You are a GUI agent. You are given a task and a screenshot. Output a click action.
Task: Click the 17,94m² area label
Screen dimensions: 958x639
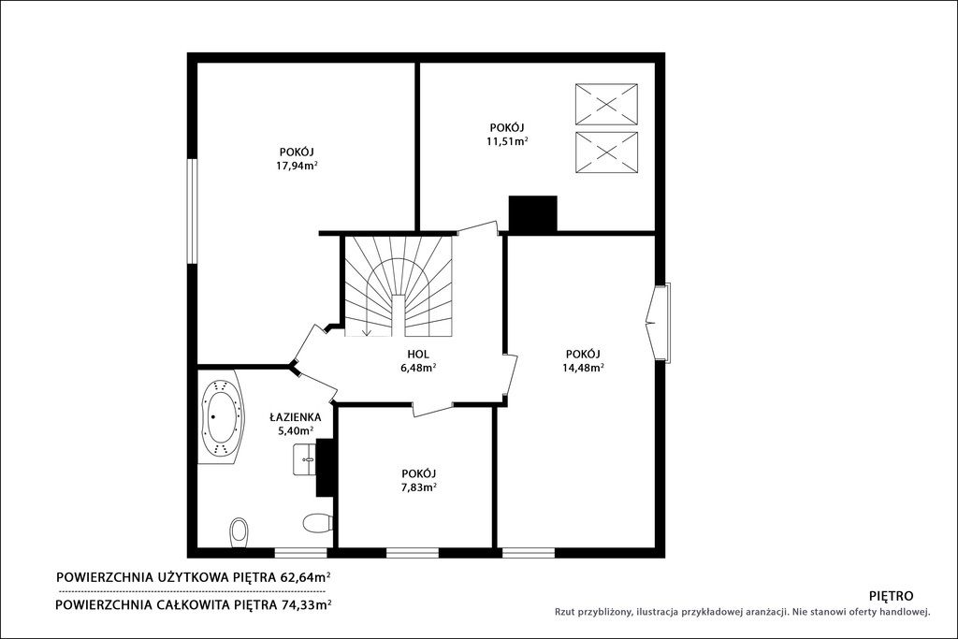click(x=297, y=165)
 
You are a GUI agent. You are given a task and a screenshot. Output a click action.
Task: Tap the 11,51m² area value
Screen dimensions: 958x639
click(x=507, y=141)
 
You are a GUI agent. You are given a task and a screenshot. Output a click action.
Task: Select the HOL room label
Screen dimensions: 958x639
click(x=418, y=354)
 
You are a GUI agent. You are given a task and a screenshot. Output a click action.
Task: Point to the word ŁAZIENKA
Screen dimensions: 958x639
click(x=296, y=417)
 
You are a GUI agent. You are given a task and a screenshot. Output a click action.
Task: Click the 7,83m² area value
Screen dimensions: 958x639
click(x=418, y=487)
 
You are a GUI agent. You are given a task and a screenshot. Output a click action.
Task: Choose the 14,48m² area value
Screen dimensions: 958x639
click(x=584, y=367)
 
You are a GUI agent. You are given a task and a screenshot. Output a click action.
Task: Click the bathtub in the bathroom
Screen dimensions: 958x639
click(x=221, y=417)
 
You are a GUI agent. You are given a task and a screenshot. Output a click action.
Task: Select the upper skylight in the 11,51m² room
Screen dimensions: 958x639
click(x=606, y=105)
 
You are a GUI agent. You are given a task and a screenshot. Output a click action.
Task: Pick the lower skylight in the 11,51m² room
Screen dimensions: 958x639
click(x=606, y=152)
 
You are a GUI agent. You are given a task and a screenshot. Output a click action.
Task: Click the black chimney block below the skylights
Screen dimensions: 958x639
click(x=532, y=214)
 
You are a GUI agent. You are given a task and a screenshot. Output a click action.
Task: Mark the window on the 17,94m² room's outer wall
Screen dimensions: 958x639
click(x=193, y=211)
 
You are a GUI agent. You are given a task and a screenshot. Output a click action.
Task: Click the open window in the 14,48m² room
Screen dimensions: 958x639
click(x=660, y=322)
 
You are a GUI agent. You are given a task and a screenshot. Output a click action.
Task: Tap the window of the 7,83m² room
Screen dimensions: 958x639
click(x=413, y=553)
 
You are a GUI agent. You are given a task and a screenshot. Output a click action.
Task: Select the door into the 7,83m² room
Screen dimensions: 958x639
click(x=432, y=409)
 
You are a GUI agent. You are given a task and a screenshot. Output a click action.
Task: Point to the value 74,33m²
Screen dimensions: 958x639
click(x=306, y=604)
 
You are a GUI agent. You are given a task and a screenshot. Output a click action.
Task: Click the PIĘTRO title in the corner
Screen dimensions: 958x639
click(x=891, y=596)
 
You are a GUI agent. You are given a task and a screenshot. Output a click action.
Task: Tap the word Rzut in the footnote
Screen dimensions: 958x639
click(x=565, y=612)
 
